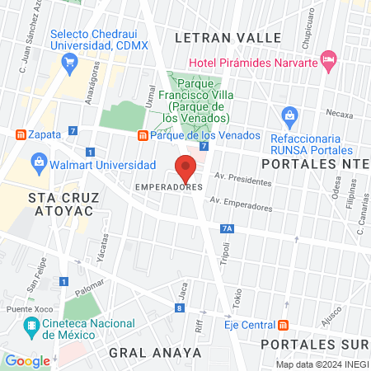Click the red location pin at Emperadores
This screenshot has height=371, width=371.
pyautogui.click(x=186, y=168)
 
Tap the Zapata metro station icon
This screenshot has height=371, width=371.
pyautogui.click(x=21, y=134)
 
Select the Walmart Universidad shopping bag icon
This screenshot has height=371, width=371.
pyautogui.click(x=40, y=166)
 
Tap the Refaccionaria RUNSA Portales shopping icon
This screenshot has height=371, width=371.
pyautogui.click(x=289, y=115)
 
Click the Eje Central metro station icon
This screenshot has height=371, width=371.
pyautogui.click(x=284, y=324)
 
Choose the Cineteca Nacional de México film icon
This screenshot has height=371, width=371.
pyautogui.click(x=32, y=329)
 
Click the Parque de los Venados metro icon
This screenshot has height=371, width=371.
pyautogui.click(x=143, y=135)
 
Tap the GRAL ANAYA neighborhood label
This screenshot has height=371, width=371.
pyautogui.click(x=155, y=352)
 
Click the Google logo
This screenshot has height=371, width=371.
pyautogui.click(x=27, y=360)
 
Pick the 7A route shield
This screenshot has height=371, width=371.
pyautogui.click(x=228, y=228)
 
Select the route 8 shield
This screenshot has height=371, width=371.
pyautogui.click(x=179, y=308)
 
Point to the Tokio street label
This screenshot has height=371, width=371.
pyautogui.click(x=237, y=297)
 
